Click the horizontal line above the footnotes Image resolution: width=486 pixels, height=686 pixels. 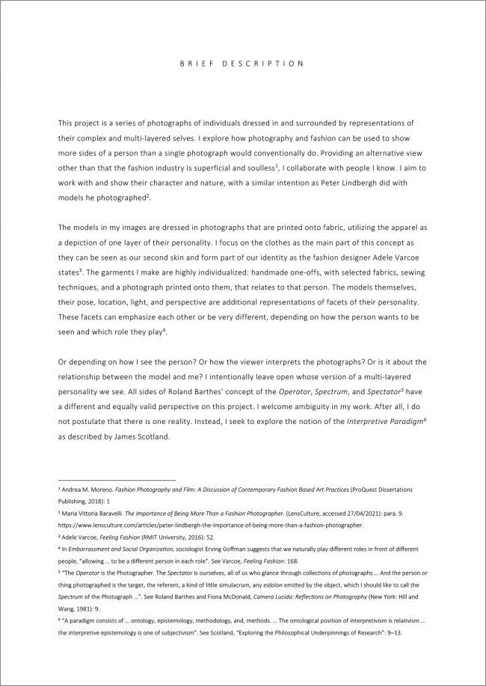tap(116, 480)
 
